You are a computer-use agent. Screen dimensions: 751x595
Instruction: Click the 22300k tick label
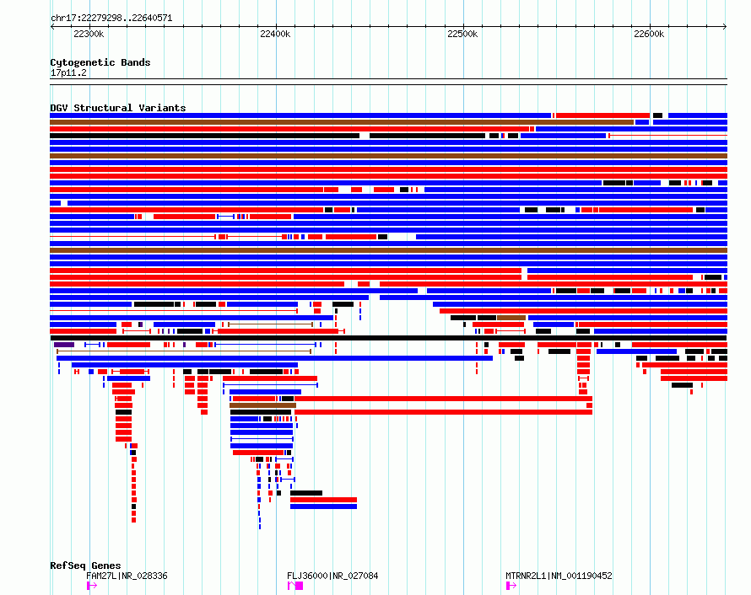89,34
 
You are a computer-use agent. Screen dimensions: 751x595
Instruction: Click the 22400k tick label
275,34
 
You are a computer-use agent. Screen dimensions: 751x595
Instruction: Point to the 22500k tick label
462,34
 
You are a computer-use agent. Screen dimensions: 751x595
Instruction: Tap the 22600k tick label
649,34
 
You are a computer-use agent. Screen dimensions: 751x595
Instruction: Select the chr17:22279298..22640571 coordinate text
111,18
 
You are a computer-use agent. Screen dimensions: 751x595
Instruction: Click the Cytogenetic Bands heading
100,62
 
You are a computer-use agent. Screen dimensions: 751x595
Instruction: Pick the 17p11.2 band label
68,72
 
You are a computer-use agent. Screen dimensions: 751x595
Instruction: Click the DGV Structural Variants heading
118,108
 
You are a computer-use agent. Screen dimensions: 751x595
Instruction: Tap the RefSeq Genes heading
85,566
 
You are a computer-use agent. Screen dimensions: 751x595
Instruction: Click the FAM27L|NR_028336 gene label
127,576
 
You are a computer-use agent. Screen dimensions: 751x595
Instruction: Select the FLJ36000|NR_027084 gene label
332,576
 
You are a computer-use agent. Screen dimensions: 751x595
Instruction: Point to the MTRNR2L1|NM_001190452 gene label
559,576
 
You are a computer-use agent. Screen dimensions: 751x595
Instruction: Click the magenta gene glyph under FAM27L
91,586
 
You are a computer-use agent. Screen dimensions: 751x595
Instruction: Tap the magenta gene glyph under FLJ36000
295,586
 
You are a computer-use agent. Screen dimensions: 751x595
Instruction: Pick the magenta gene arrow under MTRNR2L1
511,586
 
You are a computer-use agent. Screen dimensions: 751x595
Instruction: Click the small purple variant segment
64,345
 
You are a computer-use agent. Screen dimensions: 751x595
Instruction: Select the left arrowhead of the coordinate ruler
51,27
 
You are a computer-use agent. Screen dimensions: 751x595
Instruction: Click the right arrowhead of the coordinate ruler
725,27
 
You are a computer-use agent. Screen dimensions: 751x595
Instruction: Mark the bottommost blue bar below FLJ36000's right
323,507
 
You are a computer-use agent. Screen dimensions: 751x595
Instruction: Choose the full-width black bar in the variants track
388,338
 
